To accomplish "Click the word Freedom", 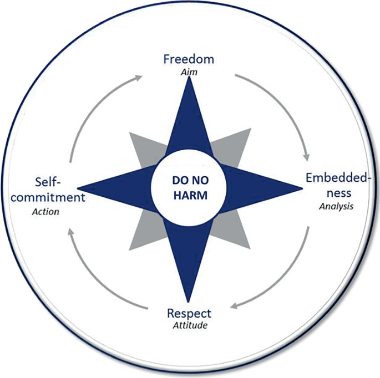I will click(189, 59).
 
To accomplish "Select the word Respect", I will click(189, 313).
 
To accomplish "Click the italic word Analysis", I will click(336, 206).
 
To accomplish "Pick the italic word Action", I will click(45, 211).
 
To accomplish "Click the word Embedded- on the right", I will click(340, 178).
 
